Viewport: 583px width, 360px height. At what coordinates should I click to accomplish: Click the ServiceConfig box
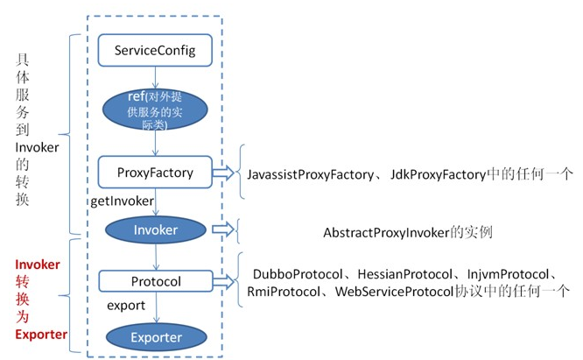click(155, 50)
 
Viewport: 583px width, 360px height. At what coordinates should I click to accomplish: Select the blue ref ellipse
click(155, 109)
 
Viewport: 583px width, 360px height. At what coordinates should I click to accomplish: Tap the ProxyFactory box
click(155, 173)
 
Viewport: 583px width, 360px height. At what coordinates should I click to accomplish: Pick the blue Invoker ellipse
click(156, 229)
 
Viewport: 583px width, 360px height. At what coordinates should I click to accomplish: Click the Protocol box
click(156, 281)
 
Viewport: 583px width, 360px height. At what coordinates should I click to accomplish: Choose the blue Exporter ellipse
click(156, 337)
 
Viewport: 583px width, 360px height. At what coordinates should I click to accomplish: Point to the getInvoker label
click(122, 201)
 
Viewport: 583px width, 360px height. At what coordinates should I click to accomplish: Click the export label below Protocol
click(126, 306)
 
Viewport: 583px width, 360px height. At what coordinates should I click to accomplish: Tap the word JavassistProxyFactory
click(311, 174)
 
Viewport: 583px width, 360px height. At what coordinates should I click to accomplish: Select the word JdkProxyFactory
click(438, 174)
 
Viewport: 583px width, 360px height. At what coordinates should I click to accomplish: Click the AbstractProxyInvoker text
click(386, 233)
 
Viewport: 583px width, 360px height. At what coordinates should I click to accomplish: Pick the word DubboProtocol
click(298, 274)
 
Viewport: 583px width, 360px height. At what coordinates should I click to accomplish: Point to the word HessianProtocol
click(405, 274)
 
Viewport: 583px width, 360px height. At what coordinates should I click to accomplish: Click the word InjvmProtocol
click(508, 274)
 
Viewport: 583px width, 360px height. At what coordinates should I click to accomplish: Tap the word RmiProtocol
click(284, 292)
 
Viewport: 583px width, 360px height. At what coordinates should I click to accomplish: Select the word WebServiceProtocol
click(394, 292)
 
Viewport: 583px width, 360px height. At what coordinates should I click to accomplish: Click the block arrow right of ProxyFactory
click(223, 173)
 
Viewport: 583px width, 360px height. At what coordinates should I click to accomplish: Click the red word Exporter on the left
click(41, 335)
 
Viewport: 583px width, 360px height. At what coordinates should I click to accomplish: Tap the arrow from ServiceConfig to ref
click(156, 77)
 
